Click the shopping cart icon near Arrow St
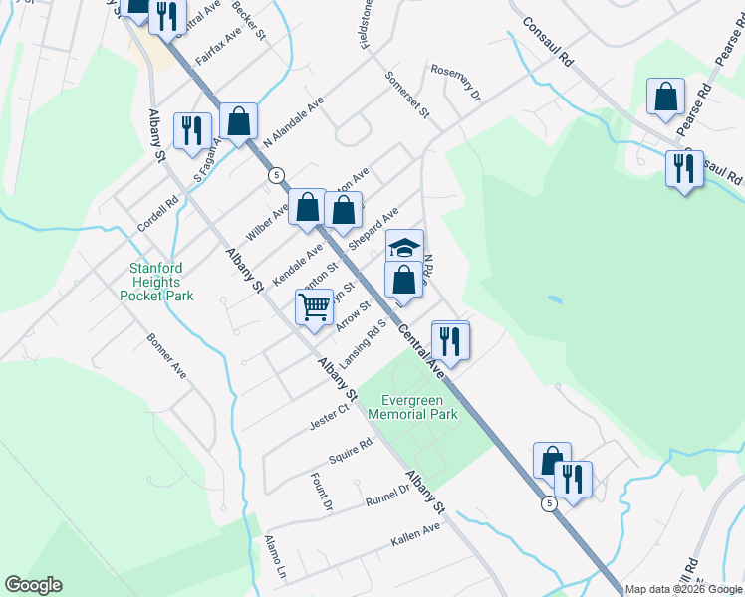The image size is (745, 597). point(314,306)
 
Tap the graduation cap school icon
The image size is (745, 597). point(404,247)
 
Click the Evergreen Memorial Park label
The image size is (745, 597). point(412,406)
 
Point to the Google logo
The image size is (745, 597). point(33,585)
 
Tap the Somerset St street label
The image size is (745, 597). point(406,96)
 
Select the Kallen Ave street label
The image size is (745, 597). point(416,535)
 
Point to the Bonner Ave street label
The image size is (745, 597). point(166,355)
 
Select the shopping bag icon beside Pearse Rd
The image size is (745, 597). point(664,98)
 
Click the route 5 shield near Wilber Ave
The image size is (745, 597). point(274,175)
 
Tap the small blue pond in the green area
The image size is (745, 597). point(554,298)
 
